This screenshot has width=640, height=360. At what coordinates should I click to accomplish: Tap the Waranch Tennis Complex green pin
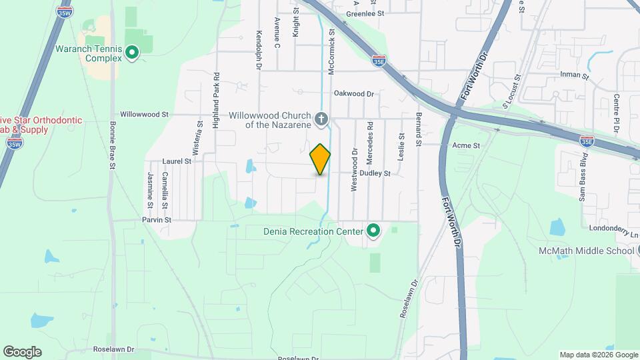point(132,52)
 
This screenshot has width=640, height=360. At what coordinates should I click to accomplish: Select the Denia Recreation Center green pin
point(373,231)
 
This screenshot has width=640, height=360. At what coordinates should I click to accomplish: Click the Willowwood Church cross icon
point(321,120)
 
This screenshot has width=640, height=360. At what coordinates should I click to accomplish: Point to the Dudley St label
point(375,173)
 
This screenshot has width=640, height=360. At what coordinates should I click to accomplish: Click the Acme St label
point(466,145)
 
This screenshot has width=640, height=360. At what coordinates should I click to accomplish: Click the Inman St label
point(575,76)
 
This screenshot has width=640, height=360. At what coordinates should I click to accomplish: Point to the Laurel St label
point(177,161)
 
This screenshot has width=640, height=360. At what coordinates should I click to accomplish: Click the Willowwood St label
point(144,115)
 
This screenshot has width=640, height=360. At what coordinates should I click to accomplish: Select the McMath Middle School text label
point(586,251)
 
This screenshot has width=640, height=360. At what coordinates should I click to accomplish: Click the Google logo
point(22,352)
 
